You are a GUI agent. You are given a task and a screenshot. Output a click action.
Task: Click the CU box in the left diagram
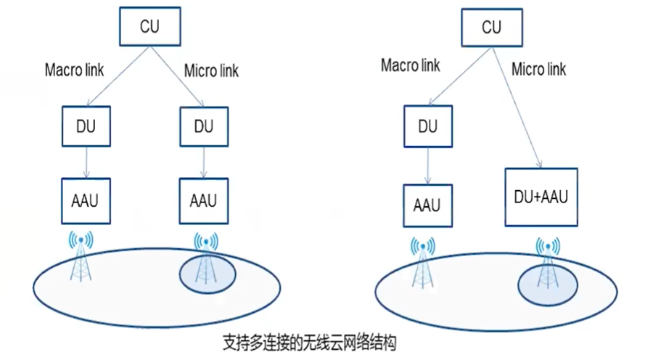pyautogui.click(x=149, y=27)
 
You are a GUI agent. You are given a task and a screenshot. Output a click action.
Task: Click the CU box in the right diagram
pyautogui.click(x=491, y=28)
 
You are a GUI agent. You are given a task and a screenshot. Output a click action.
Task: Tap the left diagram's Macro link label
pyautogui.click(x=75, y=70)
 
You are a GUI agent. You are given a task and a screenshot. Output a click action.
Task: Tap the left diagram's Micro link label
pyautogui.click(x=211, y=71)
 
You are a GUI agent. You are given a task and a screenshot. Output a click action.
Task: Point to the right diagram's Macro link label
pyautogui.click(x=411, y=65)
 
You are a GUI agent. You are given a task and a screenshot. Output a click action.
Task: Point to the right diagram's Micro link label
pyautogui.click(x=539, y=70)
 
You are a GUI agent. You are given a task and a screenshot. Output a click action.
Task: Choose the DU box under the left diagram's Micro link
pyautogui.click(x=204, y=126)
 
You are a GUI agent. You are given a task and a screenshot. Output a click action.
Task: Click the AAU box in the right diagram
pyautogui.click(x=427, y=205)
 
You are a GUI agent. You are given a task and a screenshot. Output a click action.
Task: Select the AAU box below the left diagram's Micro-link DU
pyautogui.click(x=204, y=200)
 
